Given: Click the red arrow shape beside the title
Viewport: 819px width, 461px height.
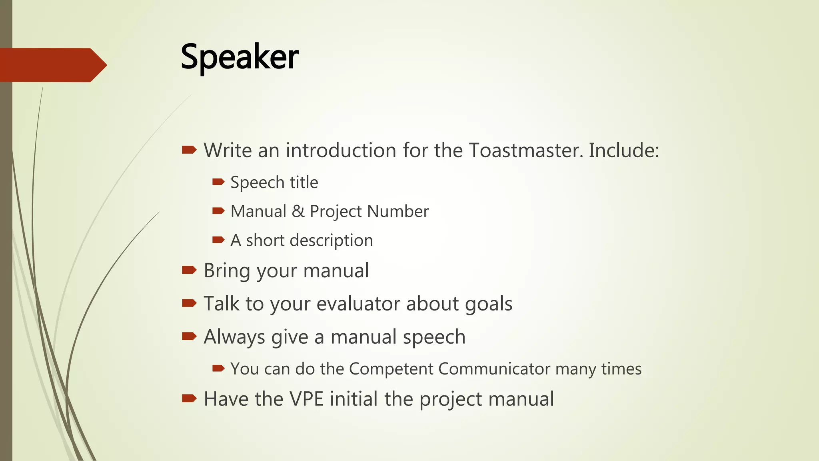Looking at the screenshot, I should (x=52, y=65).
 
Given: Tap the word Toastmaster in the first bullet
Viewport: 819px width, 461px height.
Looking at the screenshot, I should (x=524, y=150).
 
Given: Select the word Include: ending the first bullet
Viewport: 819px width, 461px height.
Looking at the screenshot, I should (x=623, y=150).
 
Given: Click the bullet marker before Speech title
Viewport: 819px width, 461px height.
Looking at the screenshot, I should (x=218, y=182).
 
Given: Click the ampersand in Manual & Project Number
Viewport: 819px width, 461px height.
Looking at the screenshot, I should (x=298, y=211).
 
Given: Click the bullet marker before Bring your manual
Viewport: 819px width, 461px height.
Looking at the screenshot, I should (x=189, y=270).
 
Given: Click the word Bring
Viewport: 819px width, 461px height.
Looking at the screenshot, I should (x=227, y=271).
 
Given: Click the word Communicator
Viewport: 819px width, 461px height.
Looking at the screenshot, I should (x=494, y=369).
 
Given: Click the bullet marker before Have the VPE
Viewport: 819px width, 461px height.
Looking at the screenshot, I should (x=189, y=398).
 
